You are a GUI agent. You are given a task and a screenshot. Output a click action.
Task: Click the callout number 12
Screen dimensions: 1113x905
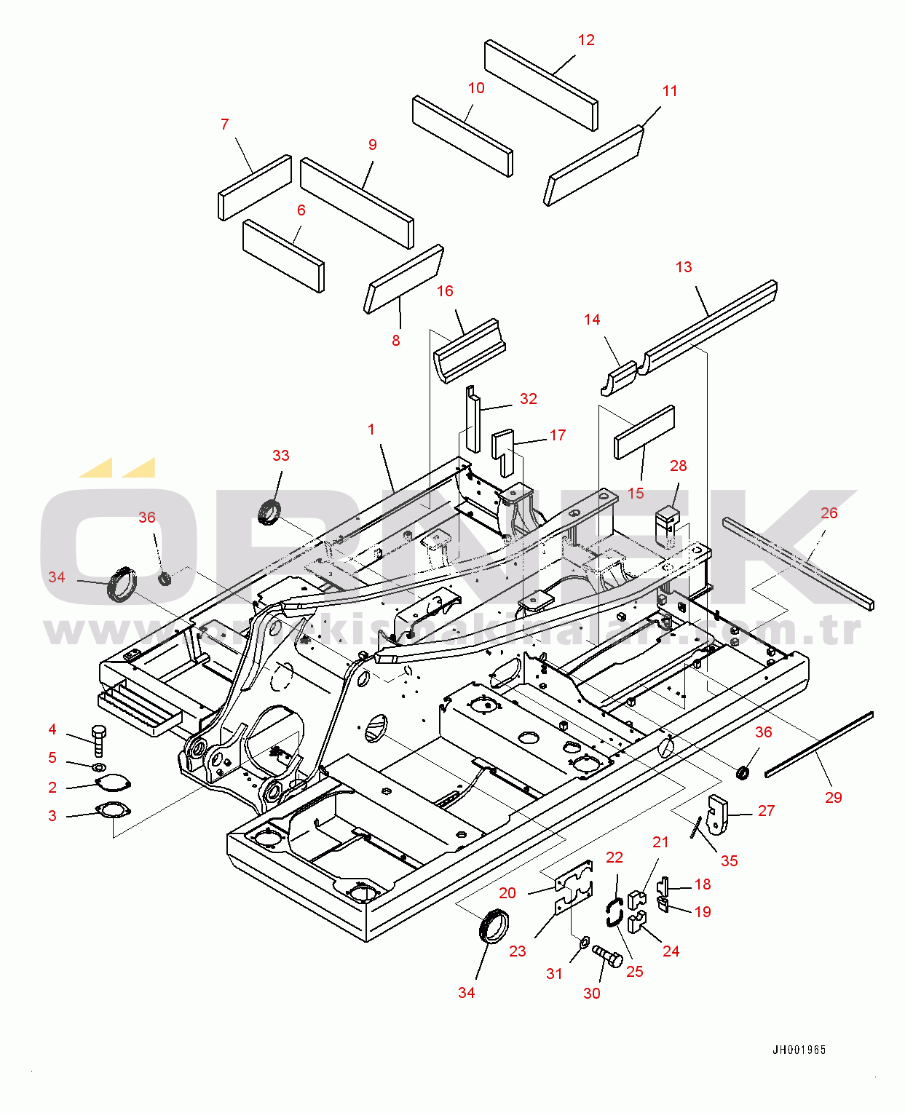click(x=586, y=40)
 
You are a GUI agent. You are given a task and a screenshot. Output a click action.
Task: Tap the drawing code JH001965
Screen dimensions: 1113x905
click(x=799, y=1050)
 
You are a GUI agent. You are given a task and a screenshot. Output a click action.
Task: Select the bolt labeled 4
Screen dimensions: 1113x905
click(x=100, y=740)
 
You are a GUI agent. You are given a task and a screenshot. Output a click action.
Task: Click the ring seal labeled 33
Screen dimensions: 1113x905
click(x=270, y=511)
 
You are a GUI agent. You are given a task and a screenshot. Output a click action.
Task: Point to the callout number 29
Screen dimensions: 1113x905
click(x=833, y=797)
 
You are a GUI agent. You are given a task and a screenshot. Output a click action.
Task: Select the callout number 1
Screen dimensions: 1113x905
click(x=371, y=429)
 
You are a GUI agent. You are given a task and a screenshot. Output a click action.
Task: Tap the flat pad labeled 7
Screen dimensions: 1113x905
click(x=255, y=187)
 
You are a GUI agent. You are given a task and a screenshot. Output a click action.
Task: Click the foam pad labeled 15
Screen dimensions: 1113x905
click(x=644, y=432)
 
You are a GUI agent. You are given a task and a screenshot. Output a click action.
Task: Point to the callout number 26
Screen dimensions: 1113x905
click(x=829, y=513)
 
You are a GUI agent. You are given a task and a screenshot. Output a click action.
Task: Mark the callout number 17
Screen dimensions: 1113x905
click(x=557, y=435)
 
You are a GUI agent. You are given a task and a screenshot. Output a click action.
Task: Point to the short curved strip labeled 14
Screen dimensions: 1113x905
click(x=620, y=379)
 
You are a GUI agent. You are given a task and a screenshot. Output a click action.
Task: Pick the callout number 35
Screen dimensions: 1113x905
click(x=729, y=860)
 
